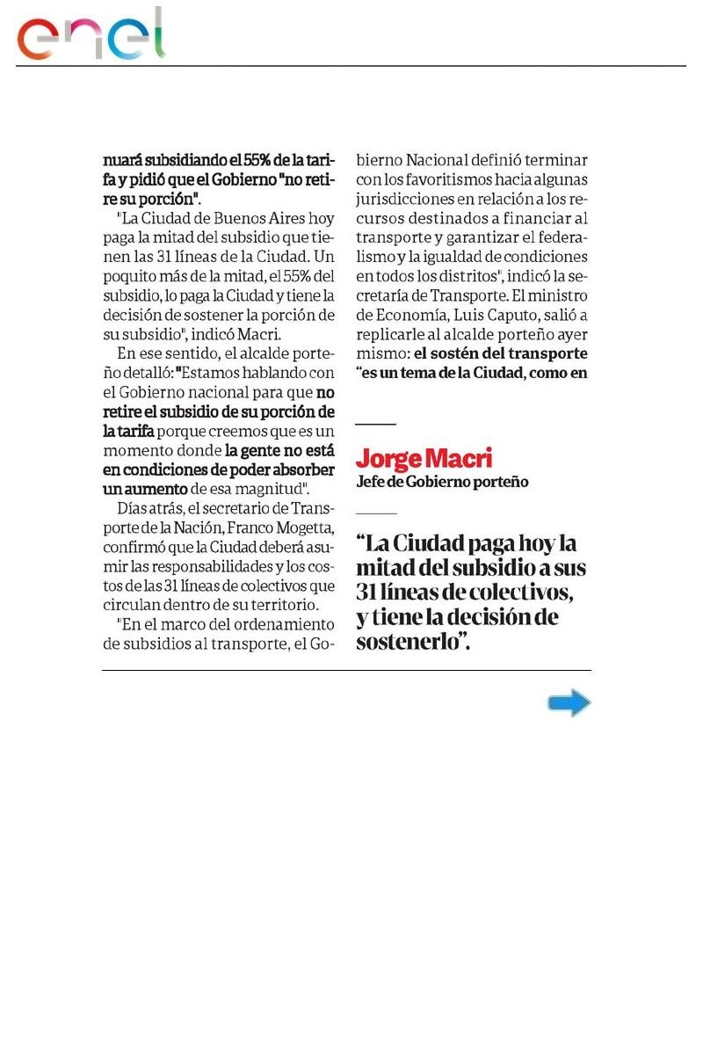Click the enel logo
[x=91, y=35]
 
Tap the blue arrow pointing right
[x=569, y=703]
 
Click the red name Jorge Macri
[x=424, y=458]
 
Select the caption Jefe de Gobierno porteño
[x=442, y=482]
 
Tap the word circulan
[x=132, y=605]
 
